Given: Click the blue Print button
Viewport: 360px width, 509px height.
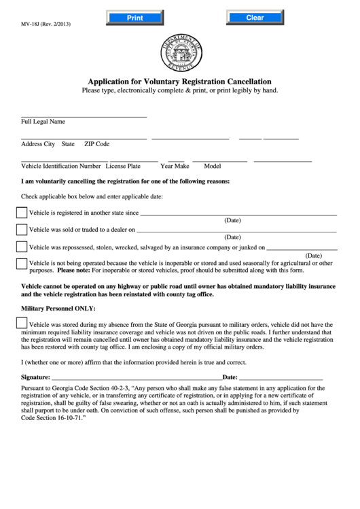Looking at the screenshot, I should (134, 18).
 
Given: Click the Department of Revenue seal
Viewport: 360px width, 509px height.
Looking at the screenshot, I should (180, 52).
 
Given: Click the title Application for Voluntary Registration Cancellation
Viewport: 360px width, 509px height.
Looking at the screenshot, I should (180, 80).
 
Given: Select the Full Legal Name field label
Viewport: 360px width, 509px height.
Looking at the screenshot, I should (43, 122).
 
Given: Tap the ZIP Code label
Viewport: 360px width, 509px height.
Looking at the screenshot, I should (96, 144).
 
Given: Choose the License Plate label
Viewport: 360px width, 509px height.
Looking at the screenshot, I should (123, 166).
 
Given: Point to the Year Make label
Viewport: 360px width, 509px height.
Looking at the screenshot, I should (175, 166).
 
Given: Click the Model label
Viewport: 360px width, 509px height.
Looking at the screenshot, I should (213, 166).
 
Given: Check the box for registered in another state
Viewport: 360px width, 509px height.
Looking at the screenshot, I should (22, 212).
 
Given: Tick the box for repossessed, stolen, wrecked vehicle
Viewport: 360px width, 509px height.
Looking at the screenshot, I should (22, 247).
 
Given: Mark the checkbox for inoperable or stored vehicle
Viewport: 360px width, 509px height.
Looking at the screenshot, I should (22, 264).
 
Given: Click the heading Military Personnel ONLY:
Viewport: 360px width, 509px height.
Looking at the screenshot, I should (56, 308).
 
